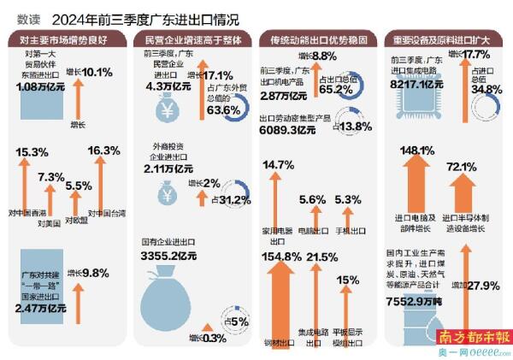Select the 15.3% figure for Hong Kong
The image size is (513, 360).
point(32,151)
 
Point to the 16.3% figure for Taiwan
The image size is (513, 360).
point(104,150)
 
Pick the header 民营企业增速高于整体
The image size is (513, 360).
point(191,39)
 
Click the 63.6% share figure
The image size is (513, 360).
point(224,110)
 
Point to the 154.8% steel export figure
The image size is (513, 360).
point(281,257)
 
